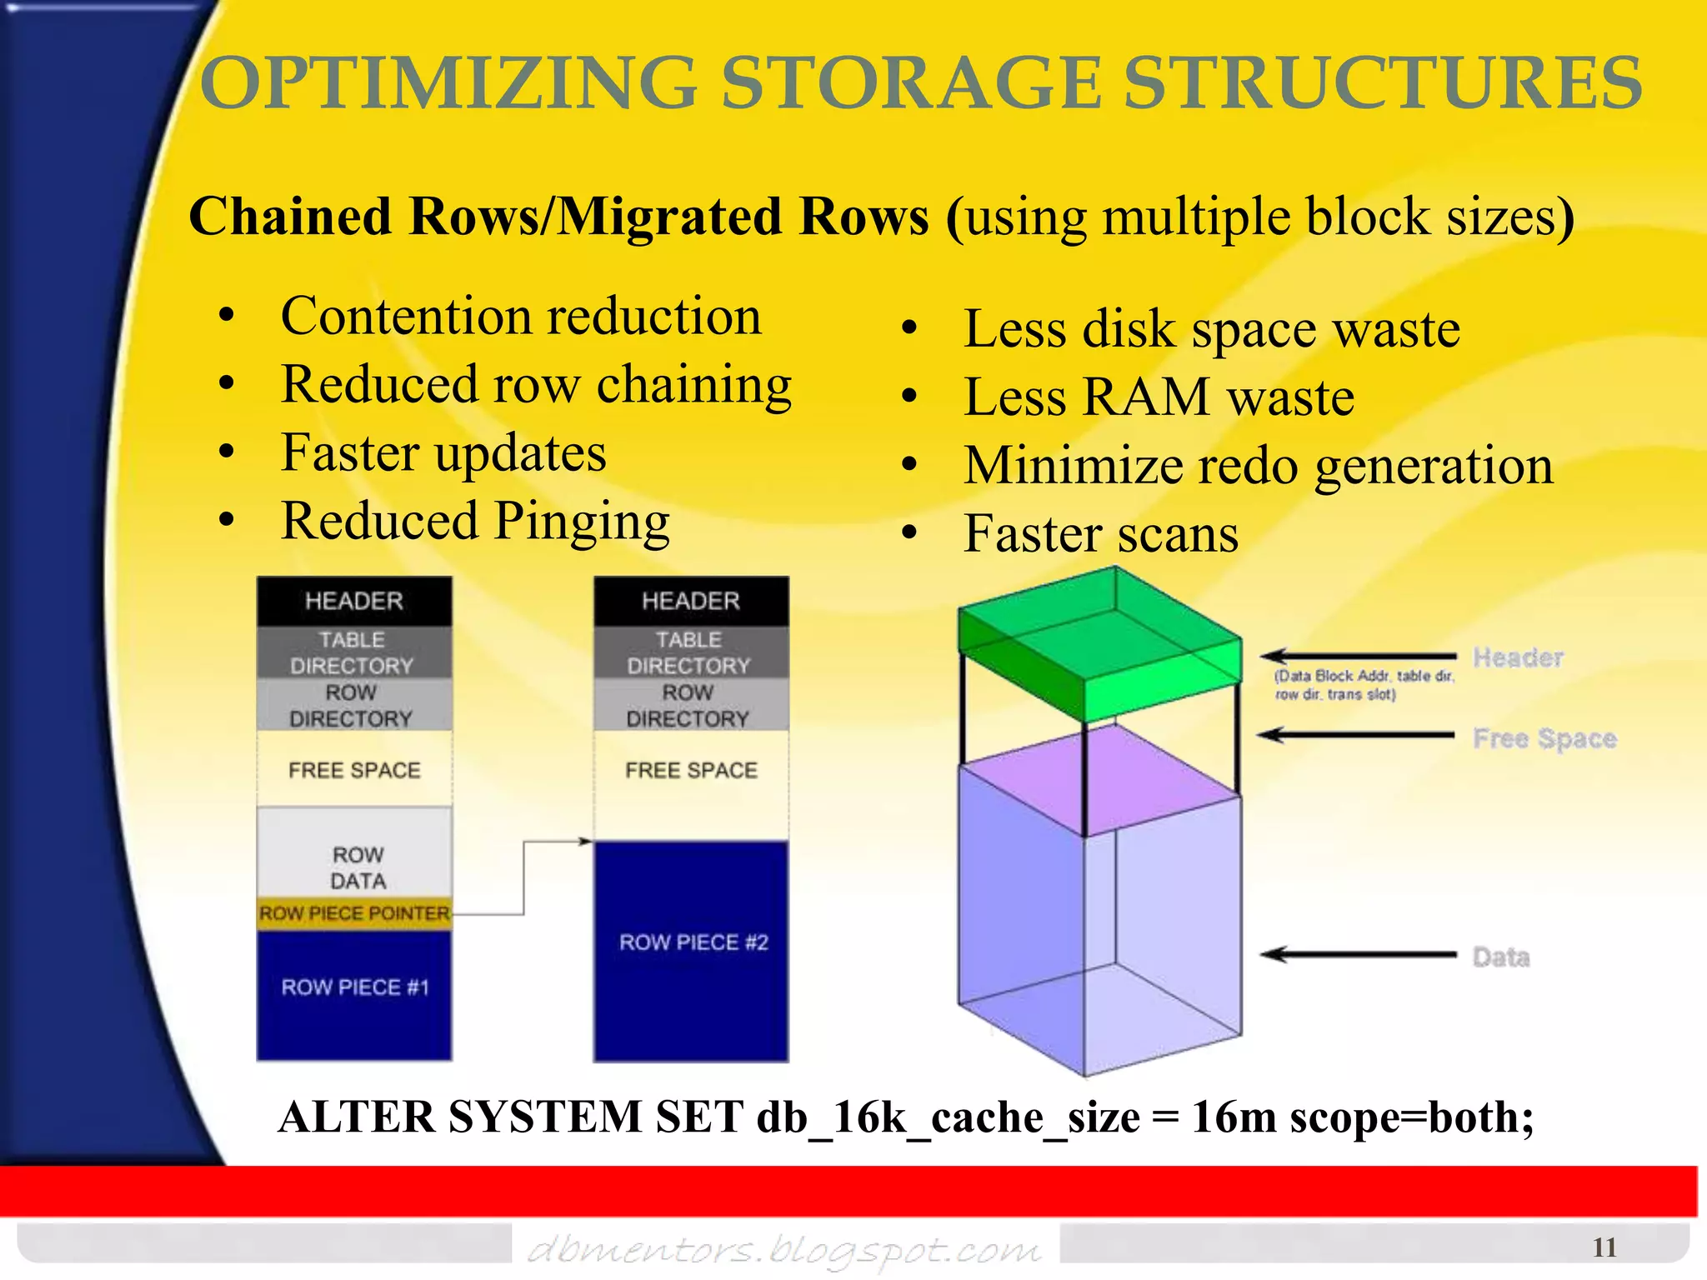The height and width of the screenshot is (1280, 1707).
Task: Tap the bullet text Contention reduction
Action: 521,317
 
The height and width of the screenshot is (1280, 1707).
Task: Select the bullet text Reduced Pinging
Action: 475,521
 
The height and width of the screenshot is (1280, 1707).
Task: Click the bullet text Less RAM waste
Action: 1159,397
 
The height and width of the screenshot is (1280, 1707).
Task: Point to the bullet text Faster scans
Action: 1100,533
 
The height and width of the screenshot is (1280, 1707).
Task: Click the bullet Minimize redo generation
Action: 1259,465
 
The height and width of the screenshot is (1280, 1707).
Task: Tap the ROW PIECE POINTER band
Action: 354,913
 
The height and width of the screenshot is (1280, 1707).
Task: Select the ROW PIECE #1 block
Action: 354,992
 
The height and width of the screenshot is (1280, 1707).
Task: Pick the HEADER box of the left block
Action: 354,601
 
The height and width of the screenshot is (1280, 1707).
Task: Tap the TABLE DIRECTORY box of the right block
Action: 690,652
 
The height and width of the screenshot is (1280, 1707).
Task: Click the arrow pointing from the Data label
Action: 1359,955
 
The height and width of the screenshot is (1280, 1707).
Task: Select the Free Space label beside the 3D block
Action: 1544,738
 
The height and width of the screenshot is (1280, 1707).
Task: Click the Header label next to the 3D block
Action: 1518,657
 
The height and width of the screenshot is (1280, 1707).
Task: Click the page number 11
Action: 1604,1247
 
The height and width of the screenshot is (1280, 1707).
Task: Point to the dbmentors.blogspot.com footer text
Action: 783,1249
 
